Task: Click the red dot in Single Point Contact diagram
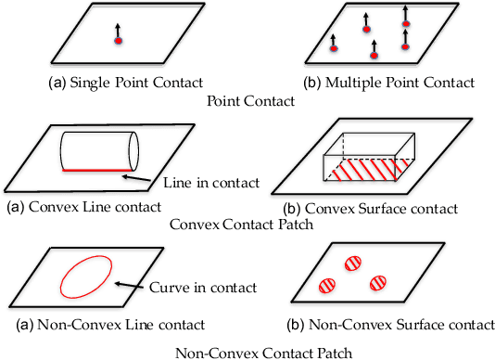point(118,41)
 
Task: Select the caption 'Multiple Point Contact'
point(388,83)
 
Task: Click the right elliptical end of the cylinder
point(132,150)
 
